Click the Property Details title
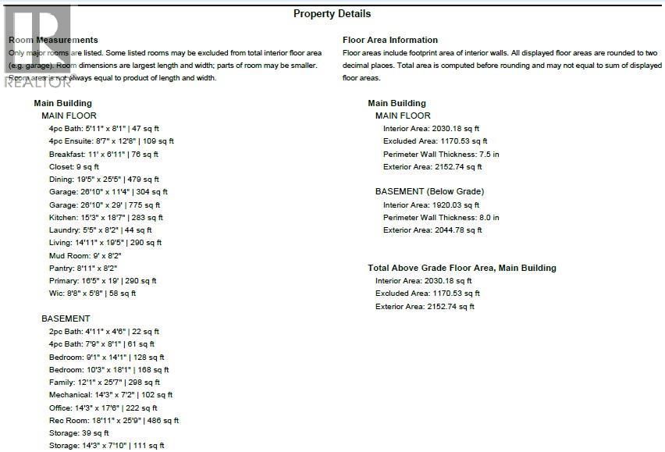pyautogui.click(x=332, y=13)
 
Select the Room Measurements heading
pyautogui.click(x=53, y=40)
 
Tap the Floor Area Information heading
pyautogui.click(x=390, y=40)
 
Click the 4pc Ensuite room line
pyautogui.click(x=111, y=141)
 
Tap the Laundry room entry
pyautogui.click(x=100, y=230)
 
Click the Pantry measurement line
pyautogui.click(x=83, y=268)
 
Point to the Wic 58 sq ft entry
pyautogui.click(x=92, y=294)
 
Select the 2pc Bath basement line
pyautogui.click(x=104, y=332)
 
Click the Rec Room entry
pyautogui.click(x=113, y=420)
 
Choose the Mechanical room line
pyautogui.click(x=112, y=395)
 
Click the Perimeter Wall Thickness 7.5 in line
pyautogui.click(x=441, y=155)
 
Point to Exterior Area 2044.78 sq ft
pyautogui.click(x=432, y=230)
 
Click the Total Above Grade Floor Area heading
pyautogui.click(x=462, y=268)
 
